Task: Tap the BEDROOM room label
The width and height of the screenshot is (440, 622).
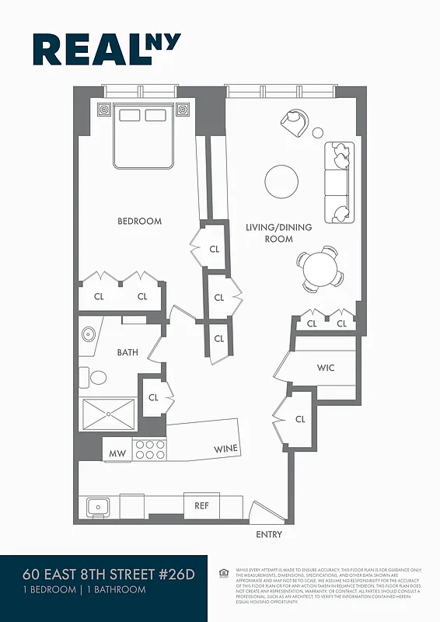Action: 140,222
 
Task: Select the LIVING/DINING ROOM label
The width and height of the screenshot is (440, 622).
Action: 278,232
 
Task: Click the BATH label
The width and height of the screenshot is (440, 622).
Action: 127,352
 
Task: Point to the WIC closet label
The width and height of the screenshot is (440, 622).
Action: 326,368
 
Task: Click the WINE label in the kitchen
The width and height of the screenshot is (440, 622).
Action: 226,449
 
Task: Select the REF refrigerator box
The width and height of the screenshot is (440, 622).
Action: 201,505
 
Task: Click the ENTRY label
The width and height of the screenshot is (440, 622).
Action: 269,535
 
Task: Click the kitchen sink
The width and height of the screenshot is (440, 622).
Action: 98,507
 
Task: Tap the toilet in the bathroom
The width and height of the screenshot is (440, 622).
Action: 96,378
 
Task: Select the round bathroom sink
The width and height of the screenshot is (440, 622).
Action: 87,335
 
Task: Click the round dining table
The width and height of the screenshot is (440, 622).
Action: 320,269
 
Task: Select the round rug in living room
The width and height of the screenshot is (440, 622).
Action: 281,182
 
